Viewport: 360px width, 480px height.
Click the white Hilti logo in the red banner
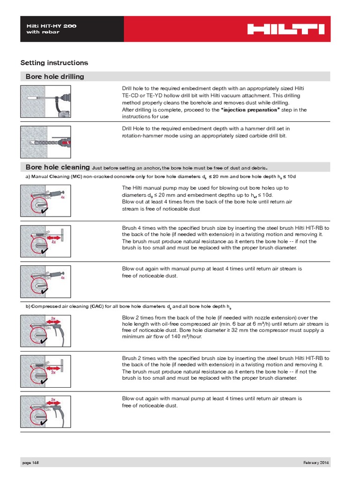285,30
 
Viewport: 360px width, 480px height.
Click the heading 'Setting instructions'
54,63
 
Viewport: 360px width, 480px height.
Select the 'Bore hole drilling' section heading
55,76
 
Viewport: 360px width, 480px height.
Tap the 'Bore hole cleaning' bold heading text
58,167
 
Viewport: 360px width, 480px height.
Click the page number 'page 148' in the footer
30,463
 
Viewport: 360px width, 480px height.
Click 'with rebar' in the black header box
43,32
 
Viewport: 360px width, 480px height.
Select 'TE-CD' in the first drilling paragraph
130,95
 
